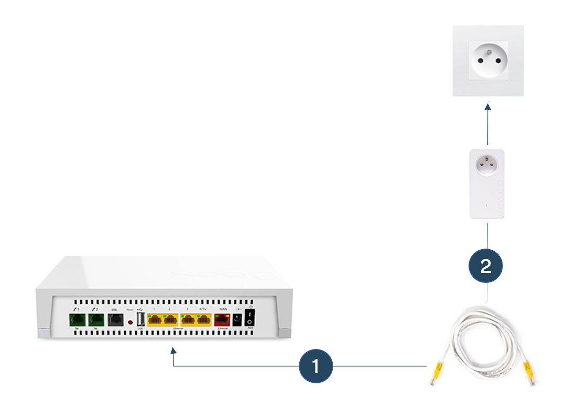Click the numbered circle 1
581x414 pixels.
point(315,366)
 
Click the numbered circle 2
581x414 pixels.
point(485,266)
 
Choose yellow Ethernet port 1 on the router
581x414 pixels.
point(155,319)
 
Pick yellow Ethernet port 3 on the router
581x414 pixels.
point(187,319)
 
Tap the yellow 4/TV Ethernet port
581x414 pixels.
point(204,319)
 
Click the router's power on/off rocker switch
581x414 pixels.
point(250,318)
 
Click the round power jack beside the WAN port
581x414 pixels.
point(237,319)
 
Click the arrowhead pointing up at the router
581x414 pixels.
point(173,353)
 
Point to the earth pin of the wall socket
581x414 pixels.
point(488,50)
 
